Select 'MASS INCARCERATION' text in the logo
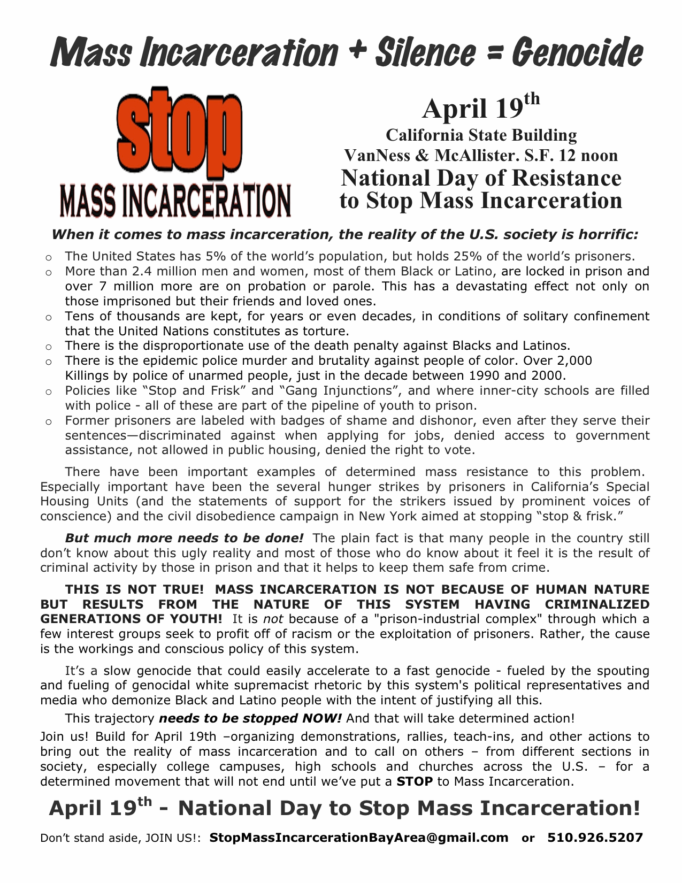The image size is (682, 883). click(175, 201)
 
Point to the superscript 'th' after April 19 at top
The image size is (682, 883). click(532, 99)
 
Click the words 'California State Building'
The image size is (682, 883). click(481, 135)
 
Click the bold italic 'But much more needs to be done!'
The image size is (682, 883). click(184, 538)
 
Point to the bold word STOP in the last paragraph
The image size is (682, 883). click(414, 781)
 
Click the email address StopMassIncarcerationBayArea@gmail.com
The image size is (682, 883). click(359, 838)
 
